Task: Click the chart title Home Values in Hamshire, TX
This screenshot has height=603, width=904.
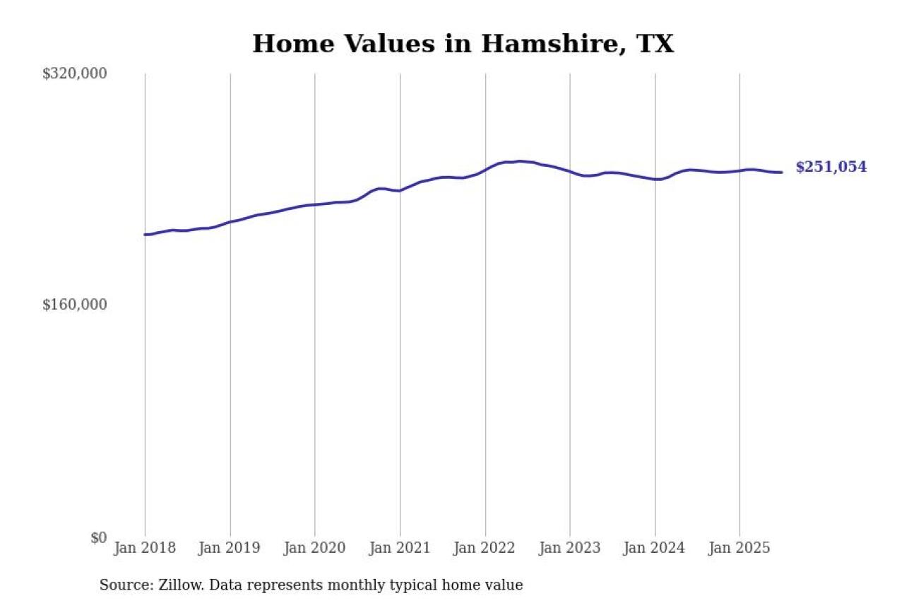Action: point(463,44)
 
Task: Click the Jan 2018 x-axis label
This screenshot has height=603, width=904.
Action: point(145,549)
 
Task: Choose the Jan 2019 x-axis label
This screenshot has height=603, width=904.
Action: point(230,549)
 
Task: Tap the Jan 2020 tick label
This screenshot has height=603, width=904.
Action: point(315,549)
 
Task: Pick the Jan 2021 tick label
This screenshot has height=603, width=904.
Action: point(400,549)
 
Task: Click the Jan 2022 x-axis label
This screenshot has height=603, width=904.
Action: point(485,549)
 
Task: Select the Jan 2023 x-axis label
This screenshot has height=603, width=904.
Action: point(570,549)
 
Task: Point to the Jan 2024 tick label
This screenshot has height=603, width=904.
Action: point(655,549)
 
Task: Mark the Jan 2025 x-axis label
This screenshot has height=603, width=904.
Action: point(740,549)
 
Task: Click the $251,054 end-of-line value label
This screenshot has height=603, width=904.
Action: point(831,168)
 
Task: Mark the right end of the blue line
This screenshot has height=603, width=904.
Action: point(781,172)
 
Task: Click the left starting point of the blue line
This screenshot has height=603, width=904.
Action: point(145,235)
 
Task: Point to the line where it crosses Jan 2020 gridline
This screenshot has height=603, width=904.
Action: point(315,205)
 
